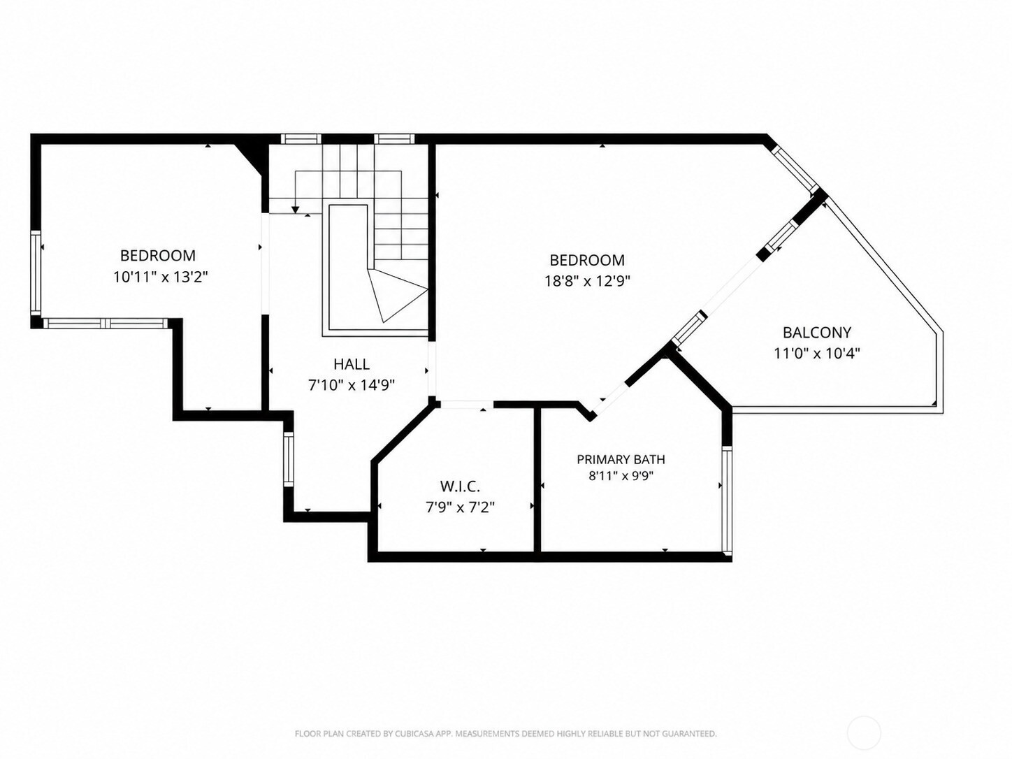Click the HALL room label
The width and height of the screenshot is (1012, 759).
click(x=352, y=365)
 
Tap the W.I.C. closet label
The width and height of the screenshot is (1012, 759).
click(x=460, y=486)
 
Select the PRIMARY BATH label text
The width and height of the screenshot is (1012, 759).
click(x=621, y=459)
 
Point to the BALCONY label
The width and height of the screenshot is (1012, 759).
click(x=817, y=332)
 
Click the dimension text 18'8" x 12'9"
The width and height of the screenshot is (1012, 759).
click(x=587, y=281)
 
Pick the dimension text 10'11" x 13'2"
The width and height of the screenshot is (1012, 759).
click(x=161, y=277)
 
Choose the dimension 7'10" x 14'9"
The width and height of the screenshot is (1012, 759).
click(x=352, y=385)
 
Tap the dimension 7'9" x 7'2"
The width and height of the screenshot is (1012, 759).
click(x=460, y=507)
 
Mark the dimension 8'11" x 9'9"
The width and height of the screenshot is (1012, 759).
click(x=621, y=476)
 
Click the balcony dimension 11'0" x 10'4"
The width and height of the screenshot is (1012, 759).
click(x=817, y=354)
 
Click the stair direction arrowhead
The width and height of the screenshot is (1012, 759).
click(x=296, y=210)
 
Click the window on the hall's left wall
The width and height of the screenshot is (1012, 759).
click(x=288, y=459)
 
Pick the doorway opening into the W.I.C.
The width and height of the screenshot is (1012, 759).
click(x=467, y=405)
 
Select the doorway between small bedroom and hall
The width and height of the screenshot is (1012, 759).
click(x=265, y=263)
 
